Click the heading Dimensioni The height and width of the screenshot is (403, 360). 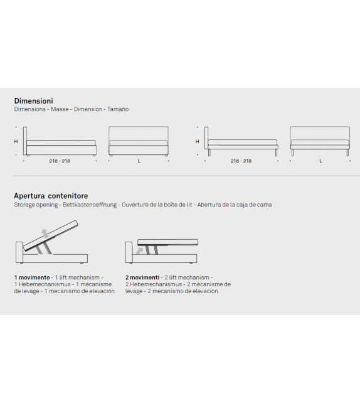tap(34, 100)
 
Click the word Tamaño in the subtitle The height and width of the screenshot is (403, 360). tap(118, 109)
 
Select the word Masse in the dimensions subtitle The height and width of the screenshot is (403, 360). tap(60, 109)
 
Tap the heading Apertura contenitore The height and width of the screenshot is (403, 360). tap(51, 196)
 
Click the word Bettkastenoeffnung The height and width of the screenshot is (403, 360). tap(90, 205)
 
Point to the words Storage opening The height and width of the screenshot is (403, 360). tap(36, 205)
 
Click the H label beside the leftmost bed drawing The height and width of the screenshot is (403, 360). tap(16, 142)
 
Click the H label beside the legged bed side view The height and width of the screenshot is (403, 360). tap(197, 141)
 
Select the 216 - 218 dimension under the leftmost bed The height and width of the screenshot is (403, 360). tap(60, 161)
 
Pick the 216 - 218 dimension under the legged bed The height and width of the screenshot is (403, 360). tap(241, 161)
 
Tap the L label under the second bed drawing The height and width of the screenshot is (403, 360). tap(139, 161)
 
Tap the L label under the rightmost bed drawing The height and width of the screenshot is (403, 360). tap(320, 161)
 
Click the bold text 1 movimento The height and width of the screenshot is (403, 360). tap(32, 277)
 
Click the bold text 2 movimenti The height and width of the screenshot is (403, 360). tap(142, 277)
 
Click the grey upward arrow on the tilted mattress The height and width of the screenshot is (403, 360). tap(45, 234)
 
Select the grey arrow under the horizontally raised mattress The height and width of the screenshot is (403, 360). tap(140, 250)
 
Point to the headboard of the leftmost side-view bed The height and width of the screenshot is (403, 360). tap(25, 141)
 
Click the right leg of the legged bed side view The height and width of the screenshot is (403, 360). tap(276, 153)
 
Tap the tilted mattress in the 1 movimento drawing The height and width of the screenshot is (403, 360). tap(51, 235)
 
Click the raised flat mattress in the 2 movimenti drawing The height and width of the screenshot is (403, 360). tap(167, 242)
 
